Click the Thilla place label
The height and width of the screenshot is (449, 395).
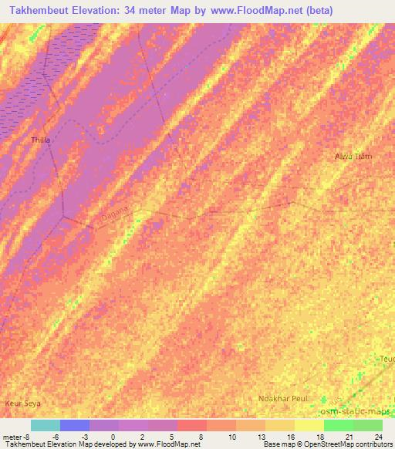pos(39,140)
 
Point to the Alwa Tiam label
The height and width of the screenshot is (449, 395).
pos(353,157)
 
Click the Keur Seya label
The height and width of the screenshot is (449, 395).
pos(22,403)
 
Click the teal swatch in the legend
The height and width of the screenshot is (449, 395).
pos(46,425)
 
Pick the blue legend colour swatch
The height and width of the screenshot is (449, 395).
pos(75,425)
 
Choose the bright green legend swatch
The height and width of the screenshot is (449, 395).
pos(339,425)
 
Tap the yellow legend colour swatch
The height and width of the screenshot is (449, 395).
pos(309,425)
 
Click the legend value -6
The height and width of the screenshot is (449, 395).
pos(56,436)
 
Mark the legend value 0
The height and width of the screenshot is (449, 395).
pos(114,436)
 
